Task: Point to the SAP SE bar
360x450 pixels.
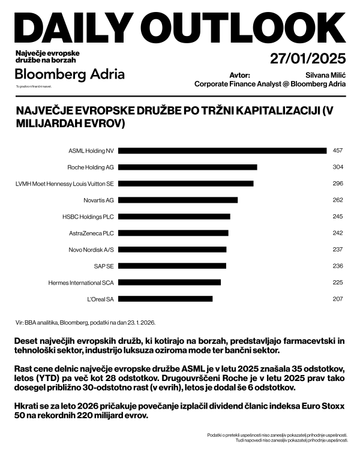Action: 175,266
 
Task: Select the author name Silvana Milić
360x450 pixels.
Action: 326,75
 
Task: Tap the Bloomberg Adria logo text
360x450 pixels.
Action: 70,74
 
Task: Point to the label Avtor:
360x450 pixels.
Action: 239,75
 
